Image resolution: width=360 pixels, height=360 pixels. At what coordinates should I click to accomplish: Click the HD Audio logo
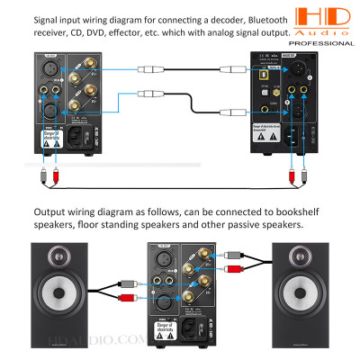(x=323, y=19)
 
